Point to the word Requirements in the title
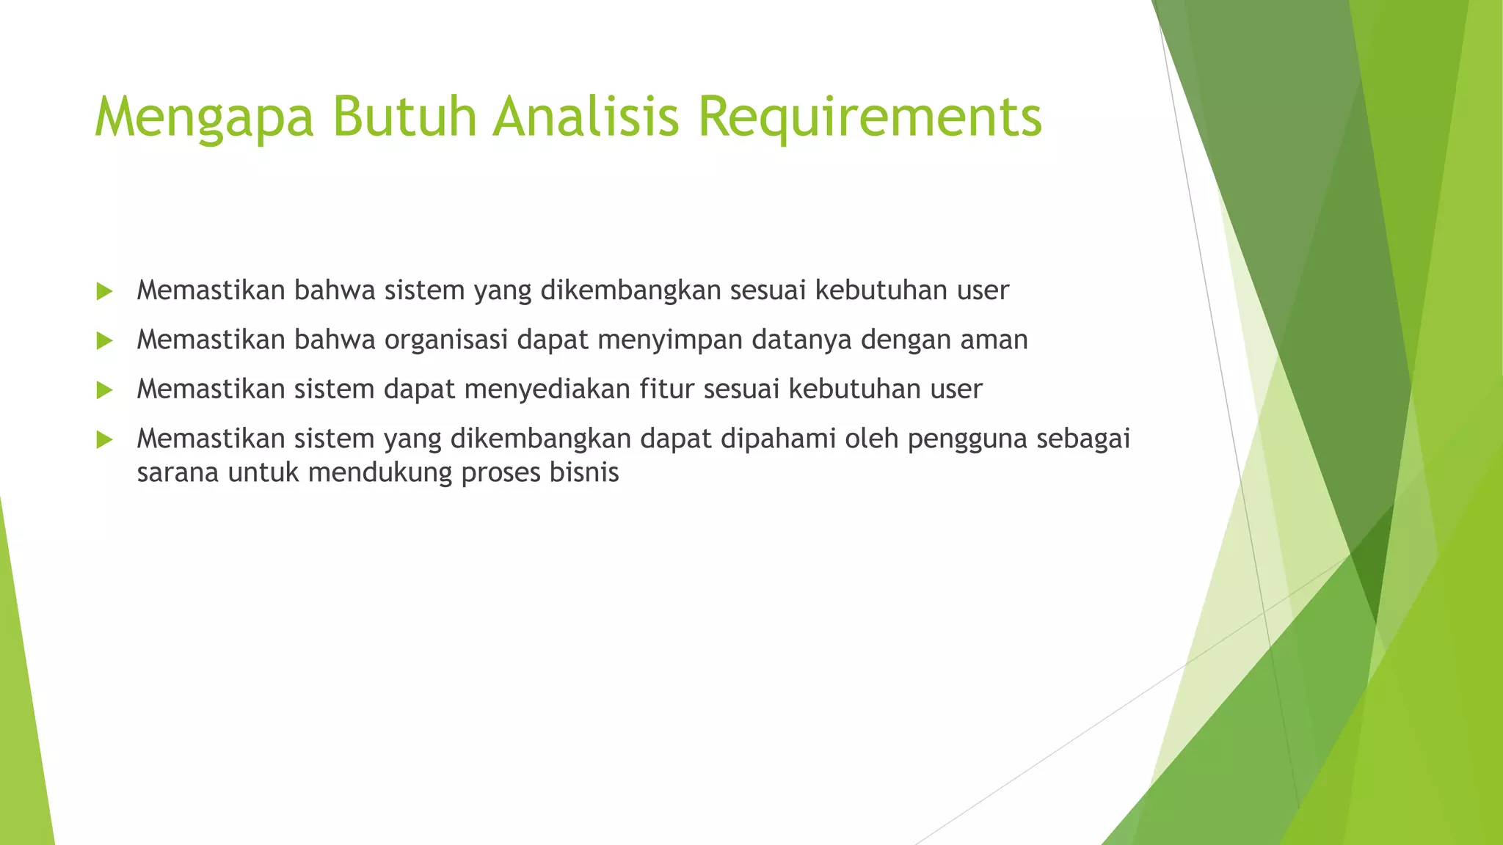pos(870,117)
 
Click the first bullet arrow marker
pos(104,292)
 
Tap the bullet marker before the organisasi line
pos(104,341)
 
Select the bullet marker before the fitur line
pos(104,390)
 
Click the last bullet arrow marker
pos(104,440)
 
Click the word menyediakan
pos(547,389)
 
